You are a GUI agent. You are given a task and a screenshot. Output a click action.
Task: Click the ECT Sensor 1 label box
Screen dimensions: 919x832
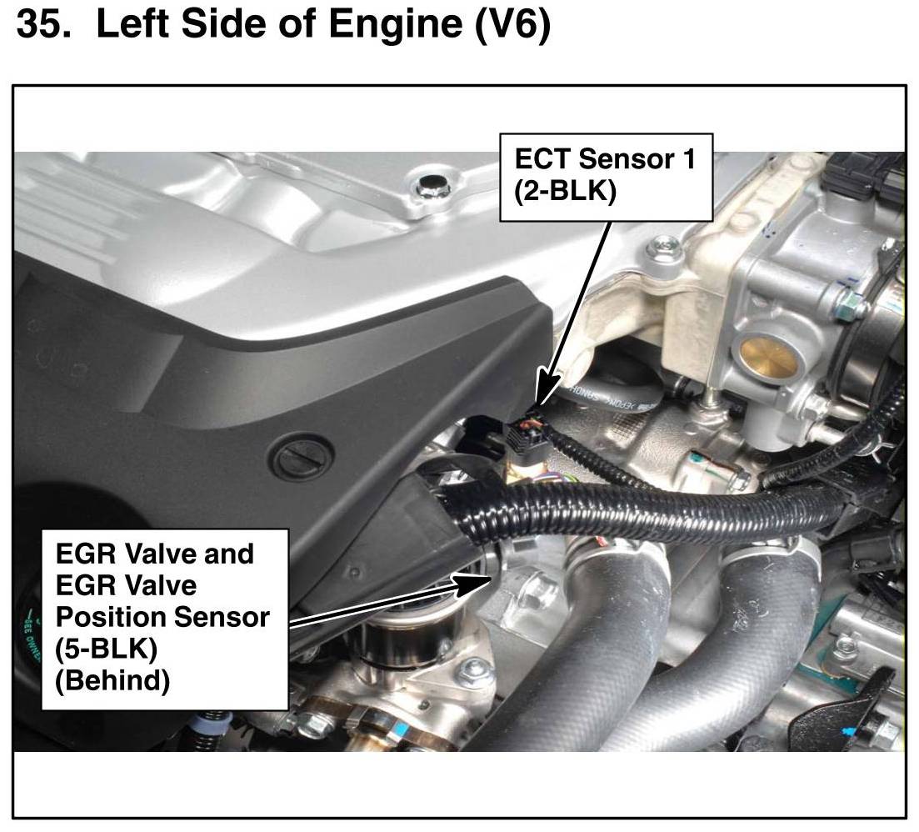(606, 177)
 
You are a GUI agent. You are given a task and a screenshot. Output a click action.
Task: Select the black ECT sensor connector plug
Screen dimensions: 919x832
(525, 436)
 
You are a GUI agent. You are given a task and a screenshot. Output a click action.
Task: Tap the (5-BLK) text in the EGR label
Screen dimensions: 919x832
(106, 649)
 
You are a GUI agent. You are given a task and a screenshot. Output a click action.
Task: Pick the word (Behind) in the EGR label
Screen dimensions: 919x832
(112, 681)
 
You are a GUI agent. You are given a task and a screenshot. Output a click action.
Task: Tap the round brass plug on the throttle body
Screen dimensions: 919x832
(769, 358)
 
